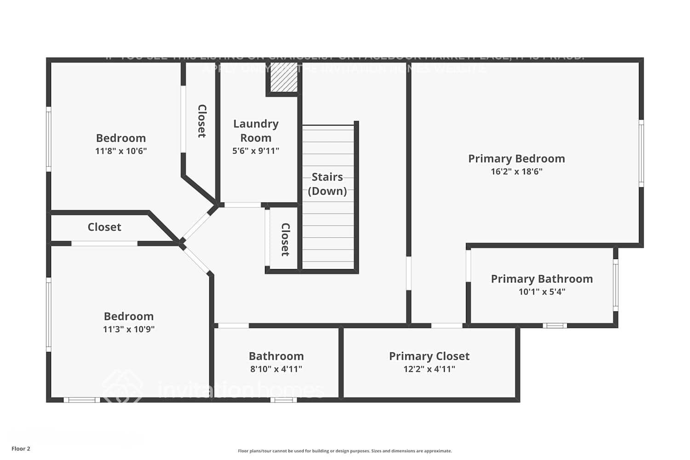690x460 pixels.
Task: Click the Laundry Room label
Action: click(x=256, y=131)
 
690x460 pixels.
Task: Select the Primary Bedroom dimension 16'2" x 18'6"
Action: click(x=517, y=172)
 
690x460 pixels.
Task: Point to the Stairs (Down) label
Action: click(x=327, y=184)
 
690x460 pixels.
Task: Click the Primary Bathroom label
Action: click(x=541, y=279)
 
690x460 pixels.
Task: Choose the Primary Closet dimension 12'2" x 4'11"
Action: click(x=429, y=369)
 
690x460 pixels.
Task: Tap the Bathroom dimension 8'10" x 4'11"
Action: click(x=276, y=369)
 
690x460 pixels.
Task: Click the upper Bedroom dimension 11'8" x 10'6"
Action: click(x=121, y=151)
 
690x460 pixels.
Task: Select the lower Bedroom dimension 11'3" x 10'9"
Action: click(x=129, y=329)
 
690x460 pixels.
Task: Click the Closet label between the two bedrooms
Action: click(x=104, y=227)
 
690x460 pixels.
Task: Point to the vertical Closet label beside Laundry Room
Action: click(x=201, y=121)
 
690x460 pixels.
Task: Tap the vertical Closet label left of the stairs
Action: click(x=285, y=240)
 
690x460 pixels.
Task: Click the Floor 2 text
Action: click(x=21, y=449)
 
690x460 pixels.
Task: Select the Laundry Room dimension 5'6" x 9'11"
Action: click(x=256, y=151)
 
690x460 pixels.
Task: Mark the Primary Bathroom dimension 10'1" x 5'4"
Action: click(x=542, y=292)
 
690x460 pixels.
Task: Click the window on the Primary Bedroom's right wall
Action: click(x=641, y=153)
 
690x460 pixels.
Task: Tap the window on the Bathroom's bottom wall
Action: click(x=283, y=400)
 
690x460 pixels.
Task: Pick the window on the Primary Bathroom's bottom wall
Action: click(x=555, y=326)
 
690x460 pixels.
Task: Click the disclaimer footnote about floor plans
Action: click(x=345, y=451)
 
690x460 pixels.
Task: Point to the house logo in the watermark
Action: click(x=122, y=386)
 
